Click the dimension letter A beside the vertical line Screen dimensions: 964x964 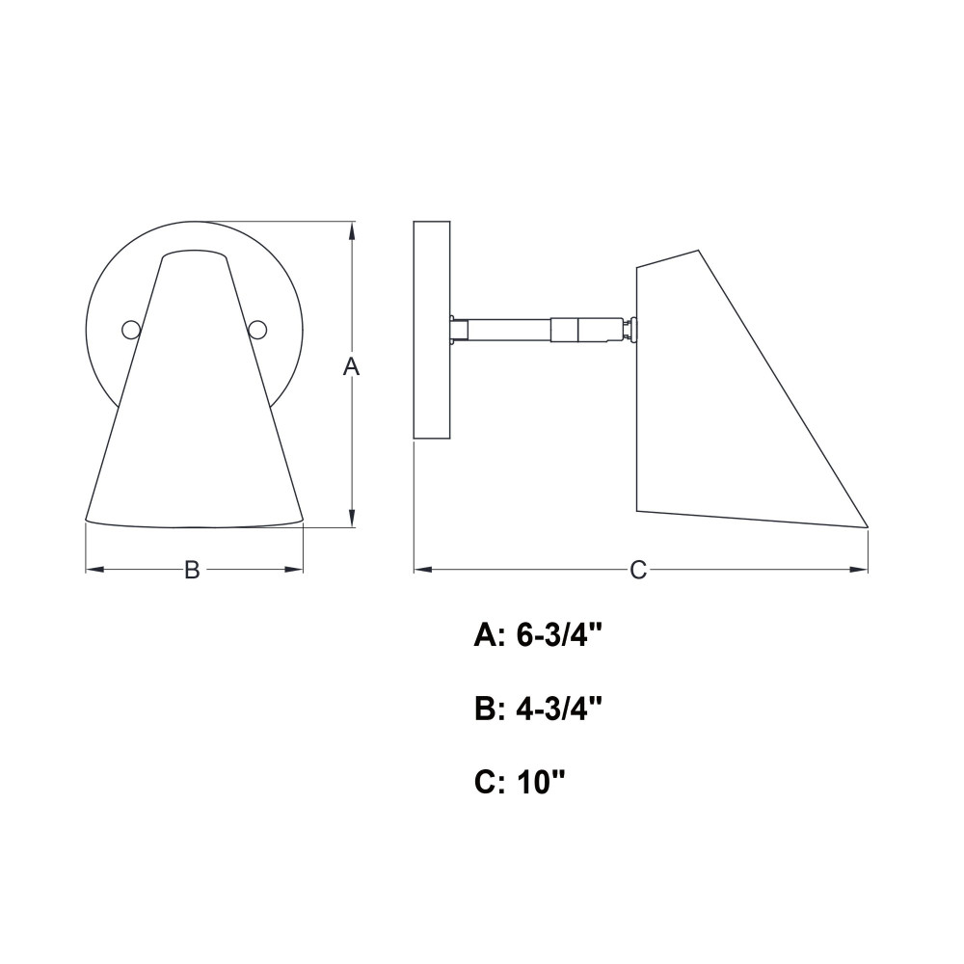(x=351, y=367)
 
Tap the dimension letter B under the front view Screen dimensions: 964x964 (x=193, y=570)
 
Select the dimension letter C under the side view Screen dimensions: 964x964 (x=638, y=570)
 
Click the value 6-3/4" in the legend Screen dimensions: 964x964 (x=558, y=637)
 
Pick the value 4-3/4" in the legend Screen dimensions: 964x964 (x=558, y=710)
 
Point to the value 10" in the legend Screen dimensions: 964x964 (x=541, y=783)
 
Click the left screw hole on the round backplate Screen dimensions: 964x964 (x=131, y=330)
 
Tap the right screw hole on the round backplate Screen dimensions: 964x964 (x=258, y=330)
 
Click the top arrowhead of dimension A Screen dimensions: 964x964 (x=351, y=230)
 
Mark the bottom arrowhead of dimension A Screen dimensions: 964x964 (x=351, y=518)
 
